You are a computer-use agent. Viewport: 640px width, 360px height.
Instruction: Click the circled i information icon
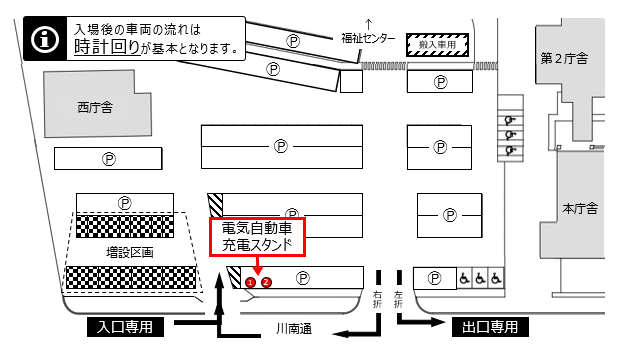43,39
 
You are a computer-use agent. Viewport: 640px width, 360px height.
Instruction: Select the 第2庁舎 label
565,57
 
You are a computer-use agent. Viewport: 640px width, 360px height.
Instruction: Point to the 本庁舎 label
580,209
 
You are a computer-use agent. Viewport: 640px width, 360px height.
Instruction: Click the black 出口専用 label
490,327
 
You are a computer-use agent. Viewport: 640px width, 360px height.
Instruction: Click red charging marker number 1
250,282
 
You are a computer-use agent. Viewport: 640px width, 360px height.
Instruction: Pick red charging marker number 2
266,282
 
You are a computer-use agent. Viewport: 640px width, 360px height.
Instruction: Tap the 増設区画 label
130,253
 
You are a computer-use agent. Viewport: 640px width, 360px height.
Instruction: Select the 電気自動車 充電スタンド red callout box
255,236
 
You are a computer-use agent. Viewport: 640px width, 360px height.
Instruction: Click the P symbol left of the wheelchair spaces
434,279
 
